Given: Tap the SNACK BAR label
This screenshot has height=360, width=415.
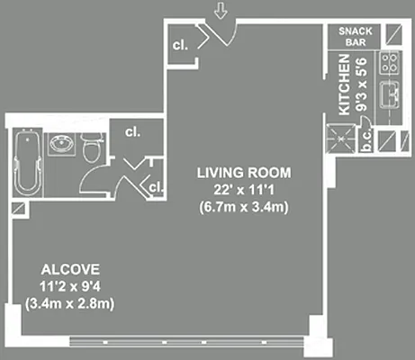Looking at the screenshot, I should point(354,36).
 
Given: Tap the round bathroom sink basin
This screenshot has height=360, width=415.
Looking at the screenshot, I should point(61,143).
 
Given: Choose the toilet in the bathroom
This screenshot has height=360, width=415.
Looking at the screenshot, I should point(90,149).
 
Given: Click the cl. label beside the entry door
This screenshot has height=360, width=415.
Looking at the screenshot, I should point(181,44).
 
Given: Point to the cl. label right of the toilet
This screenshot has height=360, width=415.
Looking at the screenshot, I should point(133,131).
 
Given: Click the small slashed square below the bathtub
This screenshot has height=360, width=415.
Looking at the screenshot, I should point(16,207).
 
